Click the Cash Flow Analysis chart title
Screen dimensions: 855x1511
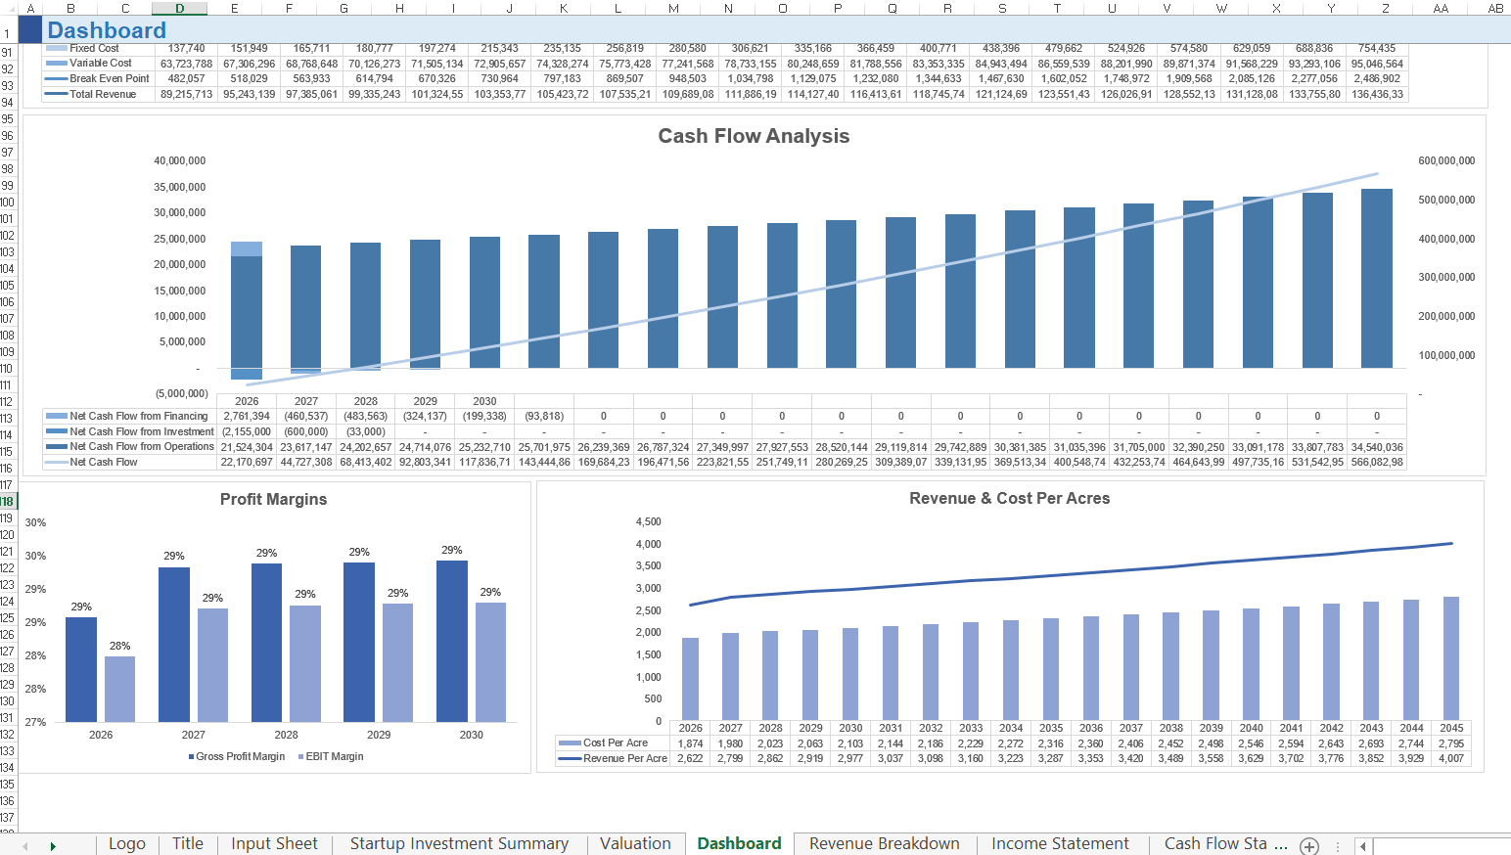tap(754, 136)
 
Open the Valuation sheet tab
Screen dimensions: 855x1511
tap(635, 843)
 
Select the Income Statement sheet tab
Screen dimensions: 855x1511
tap(1060, 843)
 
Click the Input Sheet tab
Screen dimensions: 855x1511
tap(274, 843)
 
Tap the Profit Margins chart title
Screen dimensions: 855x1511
tap(273, 499)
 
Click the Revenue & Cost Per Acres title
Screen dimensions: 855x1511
tap(1009, 498)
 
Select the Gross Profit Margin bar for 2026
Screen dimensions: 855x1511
tap(81, 669)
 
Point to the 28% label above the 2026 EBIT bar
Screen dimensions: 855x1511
tap(119, 646)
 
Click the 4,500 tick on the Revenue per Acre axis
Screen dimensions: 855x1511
tap(648, 521)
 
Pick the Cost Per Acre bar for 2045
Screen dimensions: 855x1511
tap(1451, 657)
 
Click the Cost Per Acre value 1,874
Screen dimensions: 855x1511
tap(690, 743)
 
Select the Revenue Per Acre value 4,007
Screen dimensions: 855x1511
tap(1451, 758)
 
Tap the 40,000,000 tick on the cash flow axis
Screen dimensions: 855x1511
tap(180, 160)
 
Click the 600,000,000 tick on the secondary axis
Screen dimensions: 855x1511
tap(1446, 160)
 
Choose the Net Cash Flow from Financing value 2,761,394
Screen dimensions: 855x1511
tap(247, 416)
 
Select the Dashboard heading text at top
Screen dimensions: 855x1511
tap(107, 30)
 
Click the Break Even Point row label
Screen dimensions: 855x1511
tap(109, 78)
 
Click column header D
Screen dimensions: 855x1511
tap(180, 8)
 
